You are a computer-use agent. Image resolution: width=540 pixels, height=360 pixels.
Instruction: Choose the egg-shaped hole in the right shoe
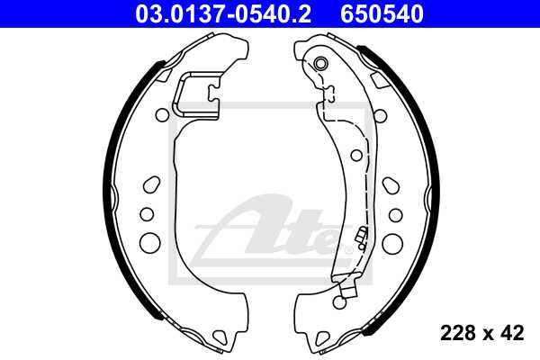pos(390,184)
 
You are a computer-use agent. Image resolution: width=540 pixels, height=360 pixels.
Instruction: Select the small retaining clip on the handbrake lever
pos(360,238)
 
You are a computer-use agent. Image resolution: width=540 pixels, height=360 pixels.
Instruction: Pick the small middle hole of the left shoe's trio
pos(144,214)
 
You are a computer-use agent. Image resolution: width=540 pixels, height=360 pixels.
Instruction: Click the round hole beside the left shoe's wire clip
pos(162,114)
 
